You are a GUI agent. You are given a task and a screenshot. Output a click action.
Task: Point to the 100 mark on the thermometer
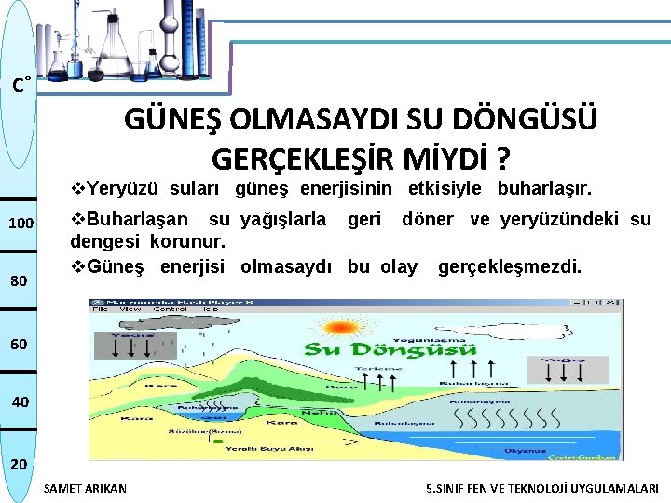[21, 224]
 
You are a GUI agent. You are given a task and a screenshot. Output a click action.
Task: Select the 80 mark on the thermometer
[19, 281]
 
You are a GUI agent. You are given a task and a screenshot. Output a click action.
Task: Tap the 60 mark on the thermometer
[19, 345]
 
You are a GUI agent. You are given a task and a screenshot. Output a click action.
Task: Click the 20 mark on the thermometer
[19, 464]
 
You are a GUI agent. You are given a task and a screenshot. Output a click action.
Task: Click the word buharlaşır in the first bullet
[545, 189]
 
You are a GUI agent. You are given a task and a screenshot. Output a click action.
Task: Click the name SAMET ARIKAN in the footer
[86, 488]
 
